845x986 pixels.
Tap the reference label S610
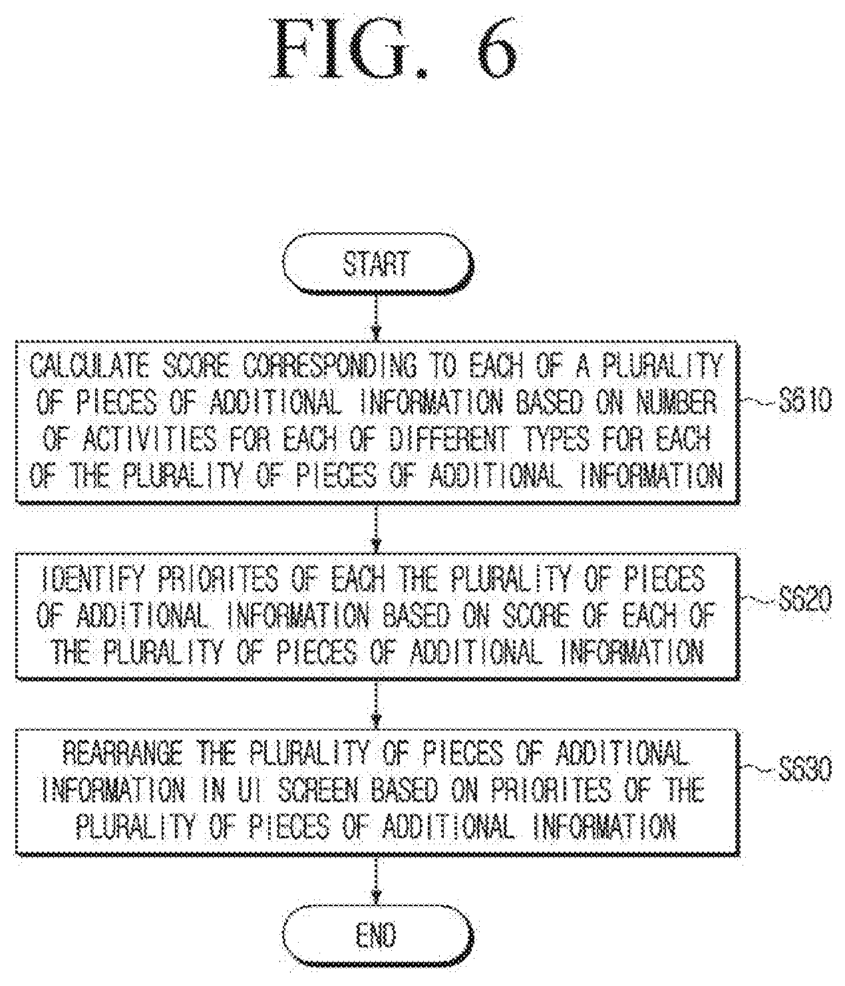[x=805, y=401]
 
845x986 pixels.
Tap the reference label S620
[x=805, y=599]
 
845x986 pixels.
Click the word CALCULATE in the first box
[x=89, y=366]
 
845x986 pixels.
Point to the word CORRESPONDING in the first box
[x=329, y=366]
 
